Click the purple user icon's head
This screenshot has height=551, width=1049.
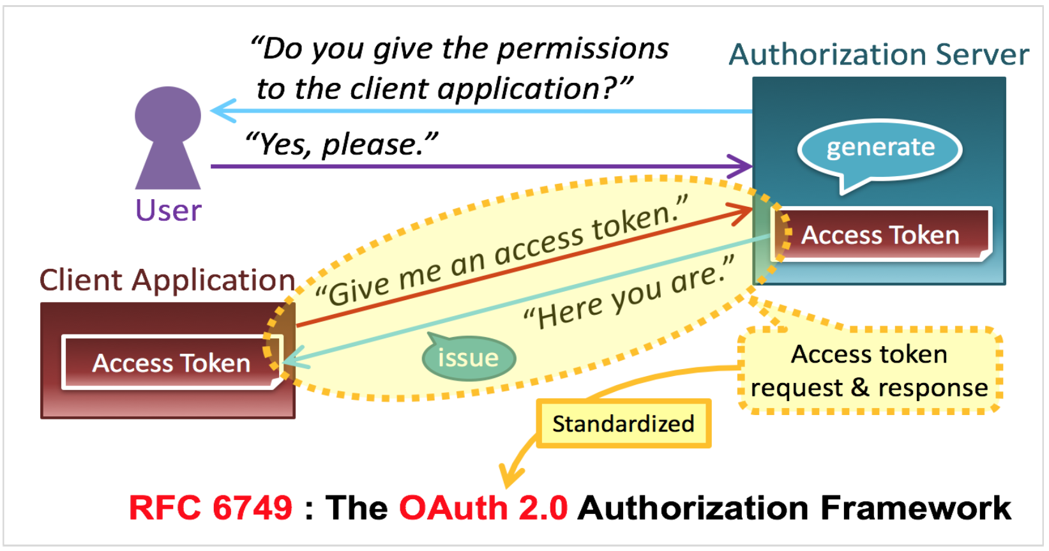point(168,114)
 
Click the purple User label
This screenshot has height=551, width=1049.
point(169,210)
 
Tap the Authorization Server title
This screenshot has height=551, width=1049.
point(879,54)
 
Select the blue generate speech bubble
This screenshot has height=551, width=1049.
point(880,149)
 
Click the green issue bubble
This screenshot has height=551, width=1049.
point(469,358)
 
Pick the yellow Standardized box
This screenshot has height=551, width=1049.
point(623,423)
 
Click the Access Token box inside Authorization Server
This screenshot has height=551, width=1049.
point(880,235)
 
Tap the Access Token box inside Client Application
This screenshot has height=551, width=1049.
point(171,363)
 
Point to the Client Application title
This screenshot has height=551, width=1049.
point(167,280)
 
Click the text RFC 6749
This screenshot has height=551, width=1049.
point(211,508)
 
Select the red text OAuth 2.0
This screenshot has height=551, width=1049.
point(483,508)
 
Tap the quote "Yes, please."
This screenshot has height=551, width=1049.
point(342,144)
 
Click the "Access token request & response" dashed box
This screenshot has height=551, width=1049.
point(870,371)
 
